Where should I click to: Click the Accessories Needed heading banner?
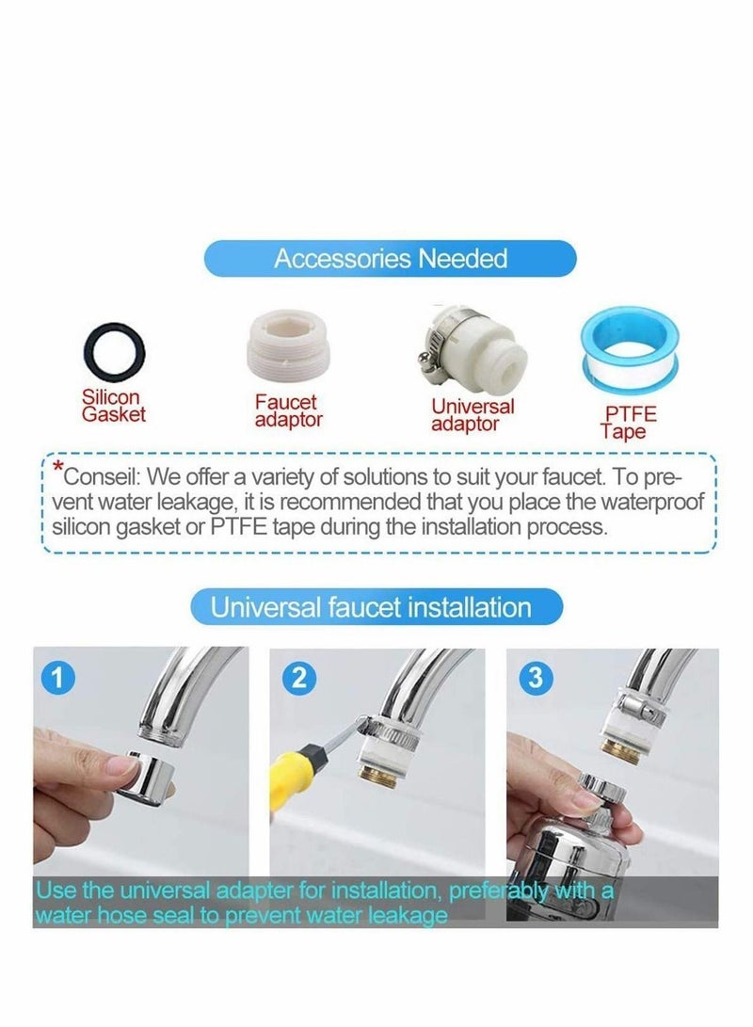pyautogui.click(x=391, y=259)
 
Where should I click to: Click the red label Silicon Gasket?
pyautogui.click(x=113, y=407)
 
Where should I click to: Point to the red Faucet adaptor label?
pyautogui.click(x=288, y=410)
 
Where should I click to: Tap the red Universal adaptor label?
pyautogui.click(x=473, y=415)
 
